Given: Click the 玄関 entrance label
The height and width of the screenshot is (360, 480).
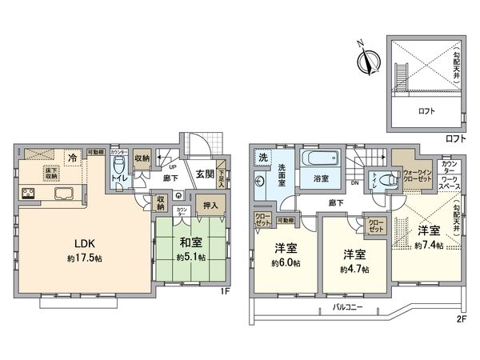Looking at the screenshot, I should (x=204, y=174).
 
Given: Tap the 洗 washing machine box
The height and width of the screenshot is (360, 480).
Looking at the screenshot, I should (x=263, y=157).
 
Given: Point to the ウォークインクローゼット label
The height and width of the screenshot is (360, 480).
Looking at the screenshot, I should (x=418, y=174).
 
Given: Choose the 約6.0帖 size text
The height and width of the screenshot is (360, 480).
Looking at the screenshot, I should (x=286, y=263).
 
